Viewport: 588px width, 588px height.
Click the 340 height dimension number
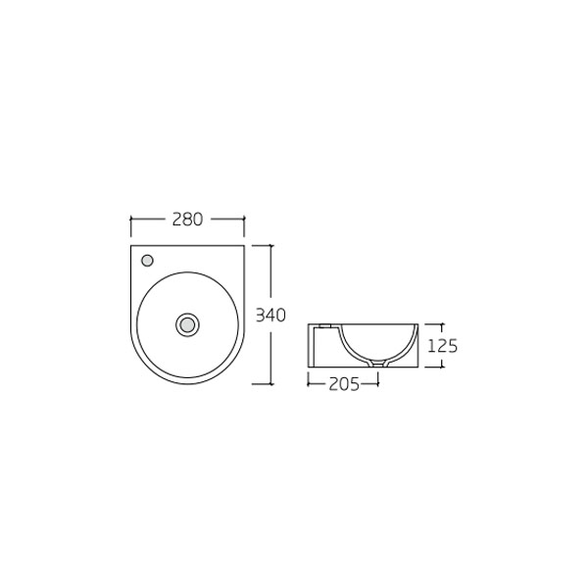pyautogui.click(x=269, y=315)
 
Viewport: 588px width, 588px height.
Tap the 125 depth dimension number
pyautogui.click(x=444, y=345)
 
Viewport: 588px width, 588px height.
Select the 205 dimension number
pyautogui.click(x=343, y=384)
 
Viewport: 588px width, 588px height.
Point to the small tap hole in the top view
pyautogui.click(x=147, y=261)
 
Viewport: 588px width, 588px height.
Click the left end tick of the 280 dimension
pyautogui.click(x=130, y=220)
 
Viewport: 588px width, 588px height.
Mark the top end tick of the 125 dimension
pyautogui.click(x=441, y=323)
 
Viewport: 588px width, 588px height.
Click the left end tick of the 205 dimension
pyautogui.click(x=309, y=384)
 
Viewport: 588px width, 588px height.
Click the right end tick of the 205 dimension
pyautogui.click(x=378, y=384)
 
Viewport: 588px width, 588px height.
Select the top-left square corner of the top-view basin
pyautogui.click(x=131, y=246)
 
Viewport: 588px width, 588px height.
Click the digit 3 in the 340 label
pyautogui.click(x=260, y=315)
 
